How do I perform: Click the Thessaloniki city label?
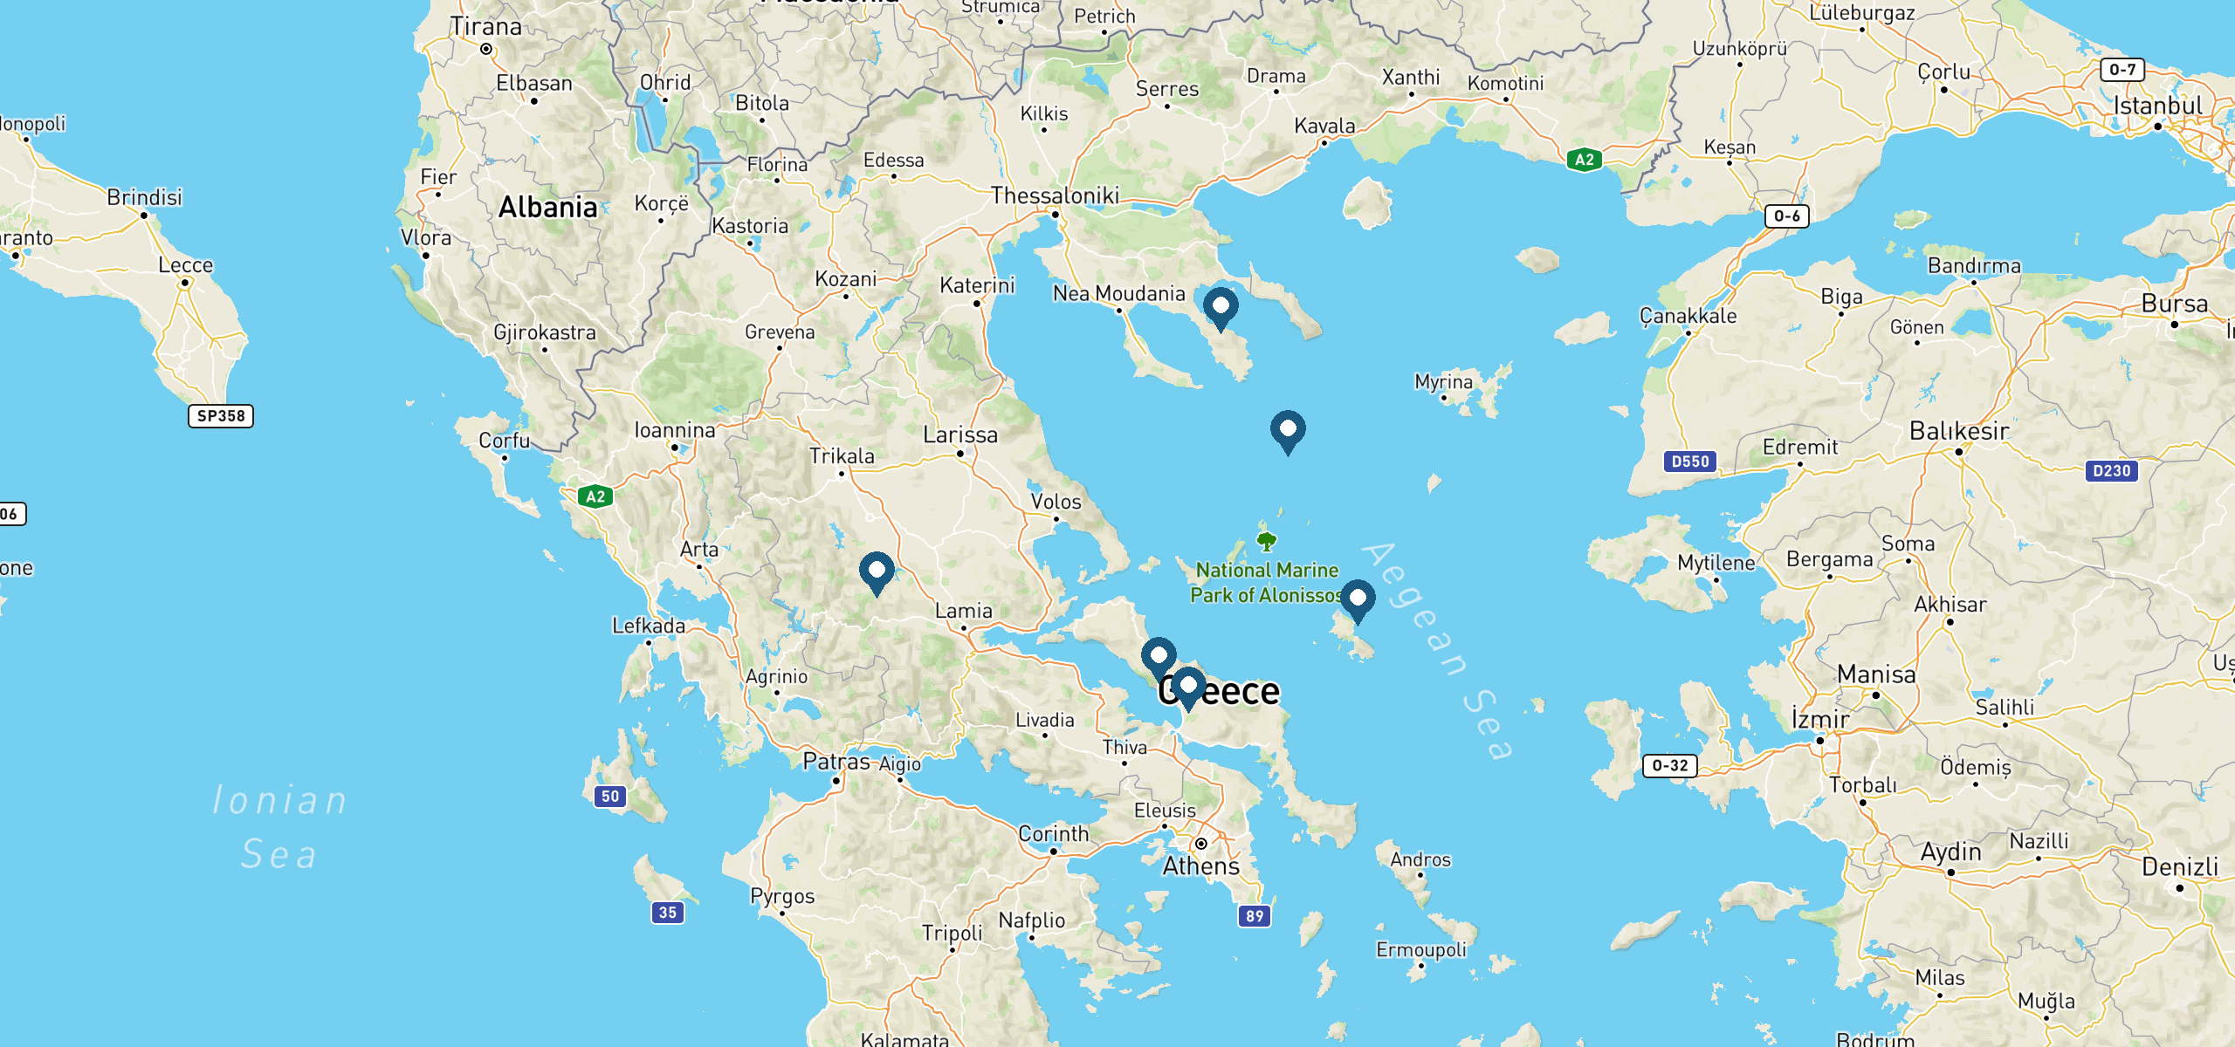point(1055,195)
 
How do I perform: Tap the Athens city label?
point(1201,866)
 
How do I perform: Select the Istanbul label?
point(2157,106)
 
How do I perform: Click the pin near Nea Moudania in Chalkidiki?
point(1221,307)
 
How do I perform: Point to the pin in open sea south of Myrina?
point(1288,430)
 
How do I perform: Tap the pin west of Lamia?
point(877,571)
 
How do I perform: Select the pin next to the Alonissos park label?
point(1358,599)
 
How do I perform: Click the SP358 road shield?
point(221,416)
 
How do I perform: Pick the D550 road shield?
point(1690,462)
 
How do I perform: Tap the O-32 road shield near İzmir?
point(1670,766)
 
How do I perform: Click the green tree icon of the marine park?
point(1267,542)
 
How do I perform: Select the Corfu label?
point(504,441)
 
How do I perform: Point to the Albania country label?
point(548,208)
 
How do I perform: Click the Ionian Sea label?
point(279,826)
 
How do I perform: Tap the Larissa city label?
point(960,435)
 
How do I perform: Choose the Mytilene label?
point(1716,563)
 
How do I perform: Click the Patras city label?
point(836,762)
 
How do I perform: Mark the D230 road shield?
point(2111,471)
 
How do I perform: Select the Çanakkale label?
point(1688,316)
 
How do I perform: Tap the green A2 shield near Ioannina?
point(595,497)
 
